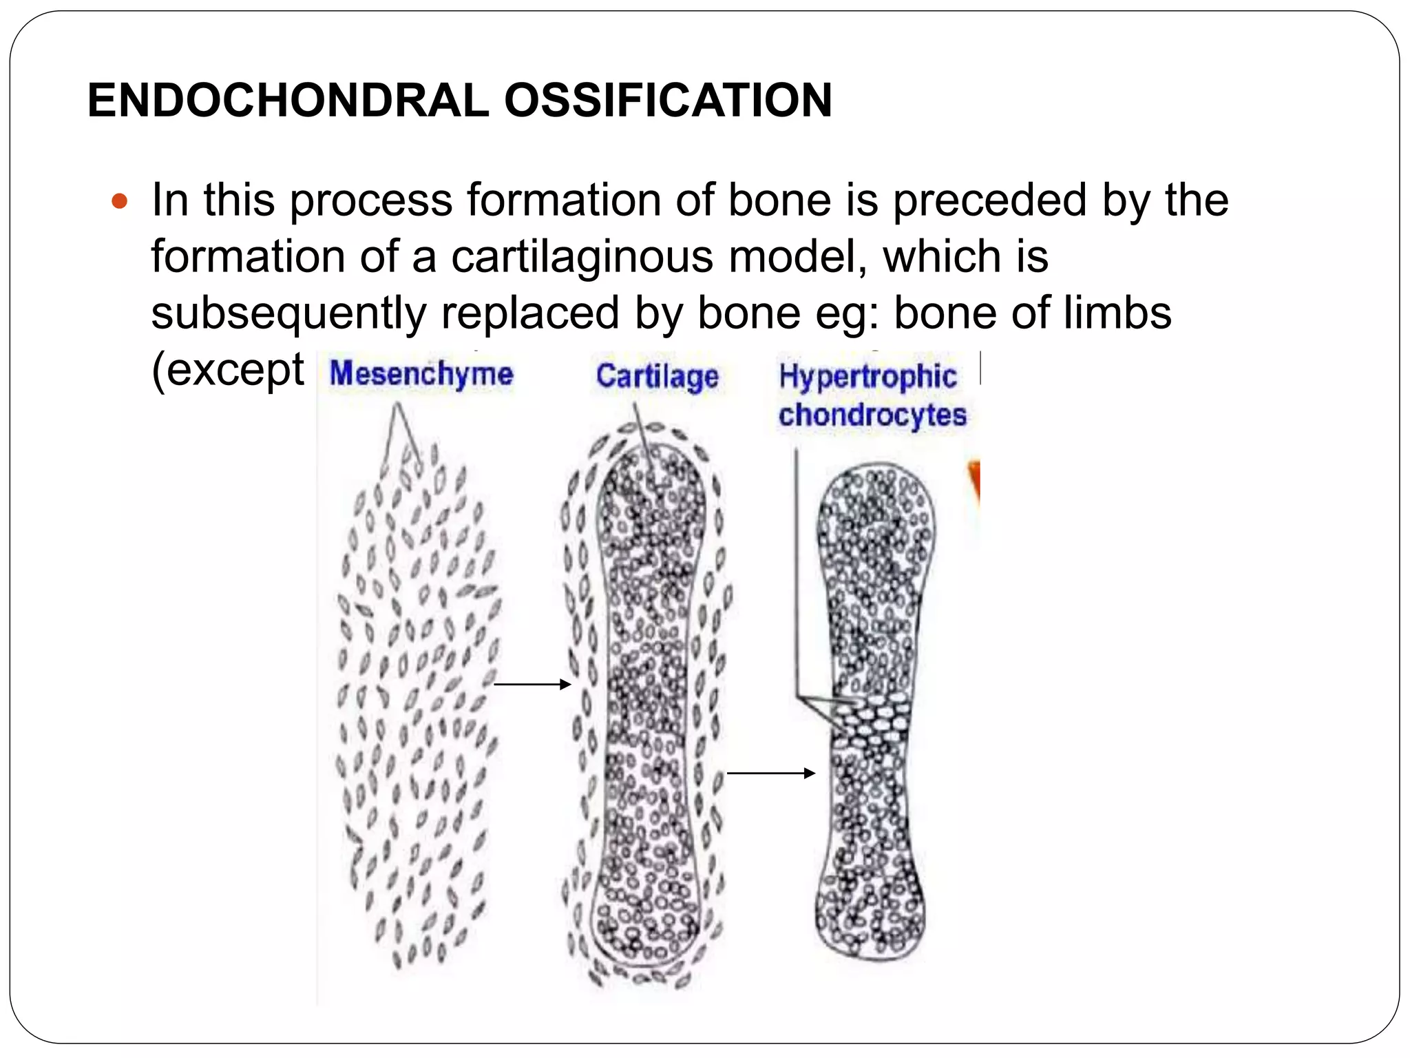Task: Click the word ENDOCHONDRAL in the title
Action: click(288, 101)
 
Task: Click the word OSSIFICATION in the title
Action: click(668, 101)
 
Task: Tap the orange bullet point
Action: click(120, 202)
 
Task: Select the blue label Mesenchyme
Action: click(421, 374)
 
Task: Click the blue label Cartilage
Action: click(657, 377)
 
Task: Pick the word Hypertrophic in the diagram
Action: click(867, 377)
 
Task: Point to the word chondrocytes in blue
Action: click(872, 415)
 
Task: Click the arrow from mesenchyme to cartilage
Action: click(532, 684)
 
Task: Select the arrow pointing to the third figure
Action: click(770, 774)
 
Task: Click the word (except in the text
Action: click(227, 370)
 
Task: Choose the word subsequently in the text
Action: click(288, 313)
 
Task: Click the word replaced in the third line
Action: click(530, 313)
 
